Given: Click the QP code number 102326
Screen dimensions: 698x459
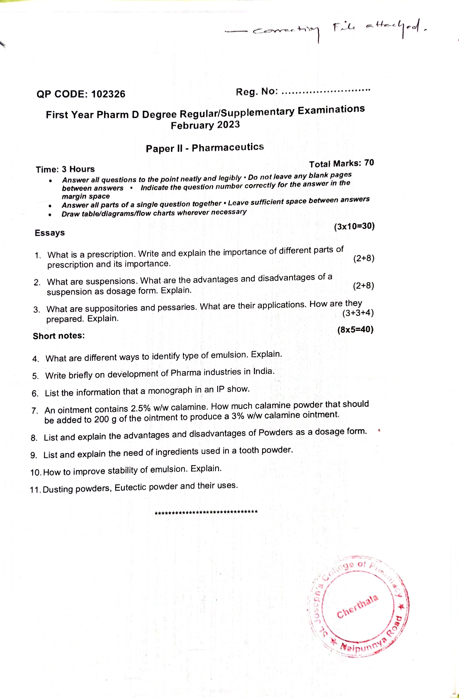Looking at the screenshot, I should (x=108, y=94).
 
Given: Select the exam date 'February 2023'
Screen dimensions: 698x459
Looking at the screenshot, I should (x=205, y=125).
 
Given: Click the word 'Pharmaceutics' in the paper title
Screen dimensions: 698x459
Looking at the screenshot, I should (x=228, y=147).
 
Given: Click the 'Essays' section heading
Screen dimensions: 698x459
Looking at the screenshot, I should (x=50, y=233).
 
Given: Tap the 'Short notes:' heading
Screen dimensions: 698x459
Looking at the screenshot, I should (x=59, y=336).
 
